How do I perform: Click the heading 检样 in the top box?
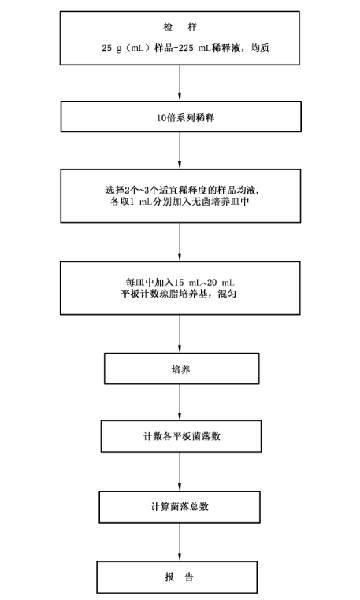[180, 28]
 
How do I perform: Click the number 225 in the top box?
[186, 48]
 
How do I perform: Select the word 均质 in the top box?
[260, 48]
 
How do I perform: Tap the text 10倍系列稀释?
[185, 118]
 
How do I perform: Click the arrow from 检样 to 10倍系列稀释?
[180, 83]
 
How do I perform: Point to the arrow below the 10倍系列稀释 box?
[180, 150]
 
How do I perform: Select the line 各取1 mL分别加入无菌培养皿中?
[180, 202]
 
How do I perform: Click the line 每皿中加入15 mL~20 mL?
[180, 283]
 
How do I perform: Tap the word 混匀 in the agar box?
[227, 294]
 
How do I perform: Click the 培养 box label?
[180, 369]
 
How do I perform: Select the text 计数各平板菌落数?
[182, 436]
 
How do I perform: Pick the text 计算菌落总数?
[180, 507]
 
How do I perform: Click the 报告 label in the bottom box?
[180, 577]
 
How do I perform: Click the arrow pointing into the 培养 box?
[180, 334]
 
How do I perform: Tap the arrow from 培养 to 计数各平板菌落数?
[180, 402]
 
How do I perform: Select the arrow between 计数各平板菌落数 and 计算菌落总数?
[180, 472]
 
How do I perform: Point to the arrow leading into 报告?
[180, 543]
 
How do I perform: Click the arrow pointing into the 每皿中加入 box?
[180, 242]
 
